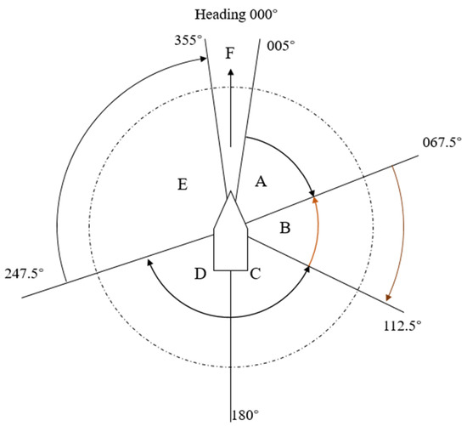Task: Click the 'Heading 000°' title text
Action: click(236, 15)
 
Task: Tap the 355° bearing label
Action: click(188, 40)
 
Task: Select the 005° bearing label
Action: click(281, 46)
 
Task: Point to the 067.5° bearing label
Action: click(442, 142)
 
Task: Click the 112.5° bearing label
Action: click(402, 326)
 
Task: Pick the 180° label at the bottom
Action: click(245, 415)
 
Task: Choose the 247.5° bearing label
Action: click(24, 274)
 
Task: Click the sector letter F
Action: click(229, 54)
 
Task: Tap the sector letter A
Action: click(261, 181)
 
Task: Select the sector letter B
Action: click(285, 228)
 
